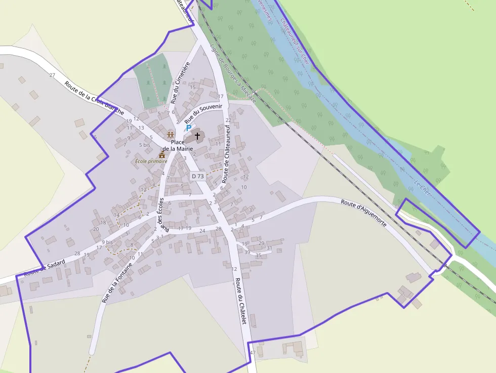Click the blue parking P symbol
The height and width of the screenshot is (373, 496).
[x=189, y=128]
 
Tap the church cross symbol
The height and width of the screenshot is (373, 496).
[x=197, y=136]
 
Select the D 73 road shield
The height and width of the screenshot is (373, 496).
[x=198, y=176]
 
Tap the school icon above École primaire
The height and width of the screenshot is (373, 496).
[x=162, y=154]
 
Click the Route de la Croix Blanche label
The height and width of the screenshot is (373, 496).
[x=95, y=97]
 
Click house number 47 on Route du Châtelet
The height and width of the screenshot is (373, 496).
[x=253, y=352]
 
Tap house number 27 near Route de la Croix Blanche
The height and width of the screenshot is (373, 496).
[x=52, y=75]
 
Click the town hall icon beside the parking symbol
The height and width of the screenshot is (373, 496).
[x=171, y=135]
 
